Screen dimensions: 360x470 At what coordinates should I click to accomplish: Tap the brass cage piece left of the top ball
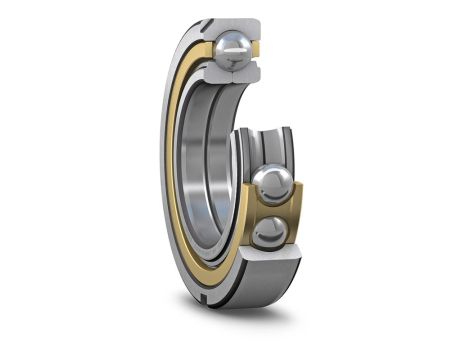coord(203,50)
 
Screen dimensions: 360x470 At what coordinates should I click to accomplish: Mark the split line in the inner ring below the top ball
coord(233,75)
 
